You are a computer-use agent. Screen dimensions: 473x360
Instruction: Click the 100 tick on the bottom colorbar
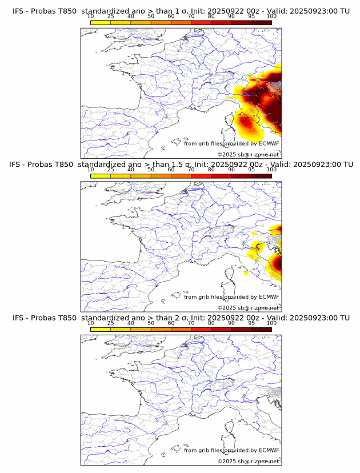[271, 323]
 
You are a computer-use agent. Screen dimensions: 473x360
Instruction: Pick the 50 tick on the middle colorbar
[151, 170]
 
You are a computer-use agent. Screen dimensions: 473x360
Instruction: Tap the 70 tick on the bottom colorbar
[191, 323]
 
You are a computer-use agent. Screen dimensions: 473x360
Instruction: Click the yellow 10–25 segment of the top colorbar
[101, 23]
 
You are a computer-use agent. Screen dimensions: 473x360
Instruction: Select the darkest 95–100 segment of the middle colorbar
[261, 176]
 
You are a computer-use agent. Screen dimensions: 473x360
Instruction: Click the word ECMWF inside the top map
[269, 143]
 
